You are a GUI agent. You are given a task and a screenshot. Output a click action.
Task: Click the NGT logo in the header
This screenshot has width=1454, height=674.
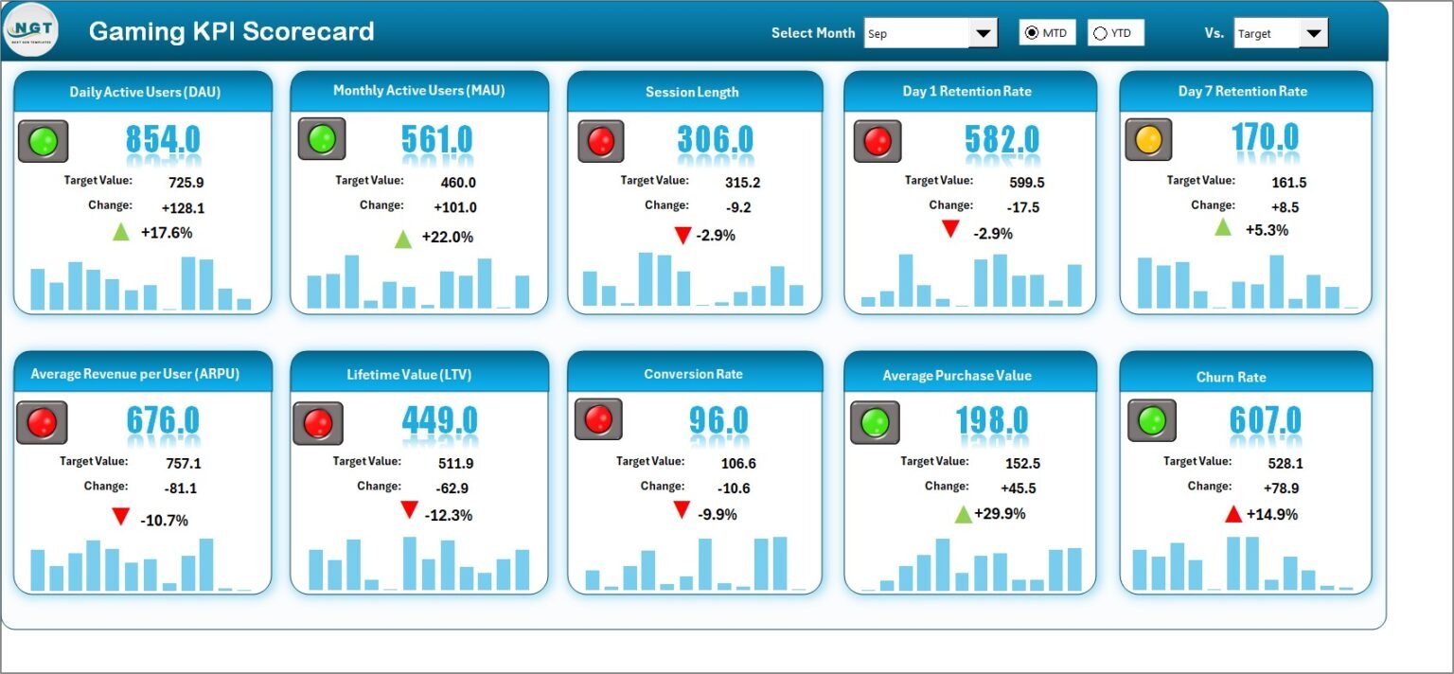pyautogui.click(x=31, y=30)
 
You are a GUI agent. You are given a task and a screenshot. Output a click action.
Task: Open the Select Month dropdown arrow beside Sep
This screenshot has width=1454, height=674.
pyautogui.click(x=983, y=33)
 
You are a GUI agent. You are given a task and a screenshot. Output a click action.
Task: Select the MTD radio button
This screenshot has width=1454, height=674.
pyautogui.click(x=1032, y=32)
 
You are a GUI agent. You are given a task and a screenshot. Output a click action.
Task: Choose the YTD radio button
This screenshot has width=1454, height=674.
pyautogui.click(x=1100, y=33)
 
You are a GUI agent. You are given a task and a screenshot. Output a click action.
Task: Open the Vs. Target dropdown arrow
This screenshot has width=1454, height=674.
pyautogui.click(x=1314, y=33)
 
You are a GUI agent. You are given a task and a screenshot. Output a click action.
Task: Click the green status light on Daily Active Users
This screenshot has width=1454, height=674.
pyautogui.click(x=44, y=141)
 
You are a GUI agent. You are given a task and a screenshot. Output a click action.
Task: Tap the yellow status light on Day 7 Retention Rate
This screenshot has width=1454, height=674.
pyautogui.click(x=1148, y=139)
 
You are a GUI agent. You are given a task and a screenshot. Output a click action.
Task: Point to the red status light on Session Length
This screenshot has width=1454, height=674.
pyautogui.click(x=601, y=141)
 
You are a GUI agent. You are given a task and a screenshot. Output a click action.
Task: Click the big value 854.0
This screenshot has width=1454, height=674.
pyautogui.click(x=163, y=139)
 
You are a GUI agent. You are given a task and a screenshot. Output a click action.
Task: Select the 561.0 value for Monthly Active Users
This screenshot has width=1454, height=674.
pyautogui.click(x=436, y=139)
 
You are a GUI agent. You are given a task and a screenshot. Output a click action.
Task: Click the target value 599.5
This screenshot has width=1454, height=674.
pyautogui.click(x=1027, y=183)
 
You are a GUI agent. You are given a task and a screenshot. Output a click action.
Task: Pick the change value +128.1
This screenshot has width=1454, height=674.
pyautogui.click(x=183, y=207)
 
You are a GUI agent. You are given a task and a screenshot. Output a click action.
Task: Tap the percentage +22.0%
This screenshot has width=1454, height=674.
pyautogui.click(x=448, y=237)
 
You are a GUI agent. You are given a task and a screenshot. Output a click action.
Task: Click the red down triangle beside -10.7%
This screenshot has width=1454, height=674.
pyautogui.click(x=121, y=516)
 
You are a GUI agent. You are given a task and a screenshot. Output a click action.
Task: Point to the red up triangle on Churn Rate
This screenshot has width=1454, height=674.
pyautogui.click(x=1233, y=514)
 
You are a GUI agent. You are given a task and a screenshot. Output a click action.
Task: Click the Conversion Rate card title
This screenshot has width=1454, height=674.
pyautogui.click(x=693, y=374)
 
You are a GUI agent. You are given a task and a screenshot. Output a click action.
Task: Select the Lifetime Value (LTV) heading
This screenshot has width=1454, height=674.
pyautogui.click(x=409, y=375)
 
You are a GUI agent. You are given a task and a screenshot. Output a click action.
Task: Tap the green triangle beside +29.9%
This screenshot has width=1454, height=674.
pyautogui.click(x=964, y=515)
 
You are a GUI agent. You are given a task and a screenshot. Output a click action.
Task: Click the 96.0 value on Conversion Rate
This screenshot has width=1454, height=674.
pyautogui.click(x=718, y=420)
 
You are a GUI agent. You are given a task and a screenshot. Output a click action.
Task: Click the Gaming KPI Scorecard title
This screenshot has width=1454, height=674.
pyautogui.click(x=231, y=31)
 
